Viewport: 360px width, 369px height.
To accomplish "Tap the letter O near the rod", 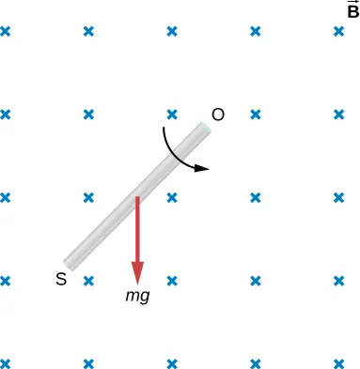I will pos(218,115).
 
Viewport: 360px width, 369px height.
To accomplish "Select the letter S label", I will pos(61,279).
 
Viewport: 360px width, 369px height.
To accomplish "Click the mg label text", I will pos(137,295).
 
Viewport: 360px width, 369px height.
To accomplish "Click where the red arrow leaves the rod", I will pos(137,198).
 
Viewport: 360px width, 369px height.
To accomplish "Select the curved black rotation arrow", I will pos(174,153).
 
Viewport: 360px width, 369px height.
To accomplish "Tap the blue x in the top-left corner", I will pos(5,31).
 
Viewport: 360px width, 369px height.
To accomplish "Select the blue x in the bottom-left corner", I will pos(5,363).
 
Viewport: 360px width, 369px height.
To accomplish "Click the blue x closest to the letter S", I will pos(88,281).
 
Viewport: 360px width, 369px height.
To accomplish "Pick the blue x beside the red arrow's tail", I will pos(172,198).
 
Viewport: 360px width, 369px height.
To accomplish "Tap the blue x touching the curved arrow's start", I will pos(172,115).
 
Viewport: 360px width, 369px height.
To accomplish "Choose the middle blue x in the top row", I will pos(172,31).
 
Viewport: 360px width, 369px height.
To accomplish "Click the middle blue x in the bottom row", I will pos(172,363).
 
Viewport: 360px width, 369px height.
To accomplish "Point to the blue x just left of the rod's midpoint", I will pos(88,198).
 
